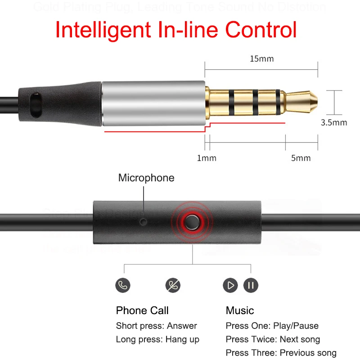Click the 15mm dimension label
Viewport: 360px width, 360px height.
(261, 58)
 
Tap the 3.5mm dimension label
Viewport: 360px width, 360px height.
(333, 122)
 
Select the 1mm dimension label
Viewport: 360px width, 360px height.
(207, 158)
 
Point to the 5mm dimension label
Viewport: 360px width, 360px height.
(301, 158)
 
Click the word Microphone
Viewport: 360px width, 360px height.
(146, 178)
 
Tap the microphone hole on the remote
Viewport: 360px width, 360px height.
(144, 222)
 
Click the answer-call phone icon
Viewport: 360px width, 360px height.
(122, 285)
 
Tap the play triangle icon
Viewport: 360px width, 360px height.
(230, 285)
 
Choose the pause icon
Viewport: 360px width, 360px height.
(251, 285)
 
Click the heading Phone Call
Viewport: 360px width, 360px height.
(142, 310)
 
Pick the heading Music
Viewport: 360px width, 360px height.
(240, 310)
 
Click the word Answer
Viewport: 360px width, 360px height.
(182, 326)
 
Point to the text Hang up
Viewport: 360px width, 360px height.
(182, 339)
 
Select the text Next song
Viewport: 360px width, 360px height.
(300, 339)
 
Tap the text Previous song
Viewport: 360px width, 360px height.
(308, 353)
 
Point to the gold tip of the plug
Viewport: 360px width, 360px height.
(304, 102)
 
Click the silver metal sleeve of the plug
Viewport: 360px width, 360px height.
(153, 103)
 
